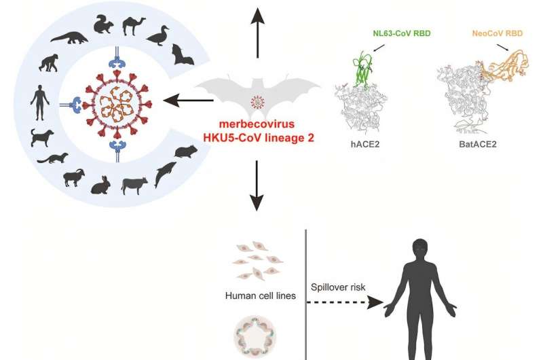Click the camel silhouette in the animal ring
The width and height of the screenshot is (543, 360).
click(x=134, y=25)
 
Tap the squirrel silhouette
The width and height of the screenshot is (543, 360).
click(x=103, y=25)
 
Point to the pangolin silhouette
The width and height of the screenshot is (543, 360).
click(x=68, y=37)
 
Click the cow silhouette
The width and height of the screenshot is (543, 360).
click(x=134, y=183)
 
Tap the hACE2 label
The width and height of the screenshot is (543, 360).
click(x=360, y=145)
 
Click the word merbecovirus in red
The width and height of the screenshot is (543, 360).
click(x=256, y=124)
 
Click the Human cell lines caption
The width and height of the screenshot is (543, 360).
click(x=259, y=295)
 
